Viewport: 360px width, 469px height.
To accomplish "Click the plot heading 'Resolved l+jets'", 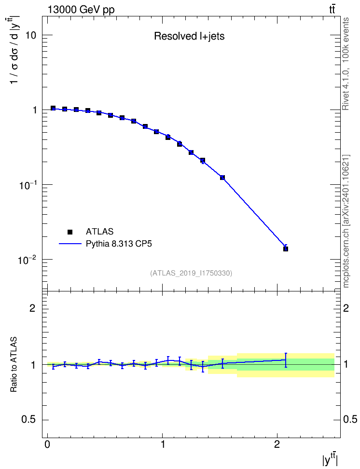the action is [x=189, y=36].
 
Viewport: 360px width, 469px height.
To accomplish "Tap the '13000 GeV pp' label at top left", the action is [x=81, y=10].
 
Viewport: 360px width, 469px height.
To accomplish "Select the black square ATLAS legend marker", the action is [x=70, y=232].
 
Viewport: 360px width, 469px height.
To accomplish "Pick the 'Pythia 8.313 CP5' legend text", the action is [x=119, y=244].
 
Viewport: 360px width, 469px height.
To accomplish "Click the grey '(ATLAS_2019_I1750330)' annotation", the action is [x=191, y=273].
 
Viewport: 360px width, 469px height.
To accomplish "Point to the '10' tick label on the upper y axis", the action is [x=30, y=35].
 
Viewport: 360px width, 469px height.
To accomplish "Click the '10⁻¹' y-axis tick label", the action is [x=27, y=185].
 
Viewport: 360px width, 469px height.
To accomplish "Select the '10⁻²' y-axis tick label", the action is [x=27, y=260].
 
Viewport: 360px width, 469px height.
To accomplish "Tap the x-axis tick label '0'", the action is [x=47, y=443].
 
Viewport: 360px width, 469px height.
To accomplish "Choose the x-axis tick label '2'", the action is [x=277, y=443].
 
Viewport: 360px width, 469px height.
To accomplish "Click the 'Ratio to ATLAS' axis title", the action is [x=14, y=365].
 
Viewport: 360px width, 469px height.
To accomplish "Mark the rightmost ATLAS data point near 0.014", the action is [x=286, y=249].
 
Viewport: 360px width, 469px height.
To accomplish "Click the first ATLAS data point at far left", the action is [x=53, y=108].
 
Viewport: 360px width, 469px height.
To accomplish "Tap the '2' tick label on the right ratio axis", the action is [x=346, y=308].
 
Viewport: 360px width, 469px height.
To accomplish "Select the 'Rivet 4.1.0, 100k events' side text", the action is [x=346, y=64].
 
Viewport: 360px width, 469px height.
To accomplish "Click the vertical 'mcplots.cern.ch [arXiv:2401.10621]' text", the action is [x=346, y=221].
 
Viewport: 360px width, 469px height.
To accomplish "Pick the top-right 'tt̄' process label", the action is [x=332, y=10].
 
